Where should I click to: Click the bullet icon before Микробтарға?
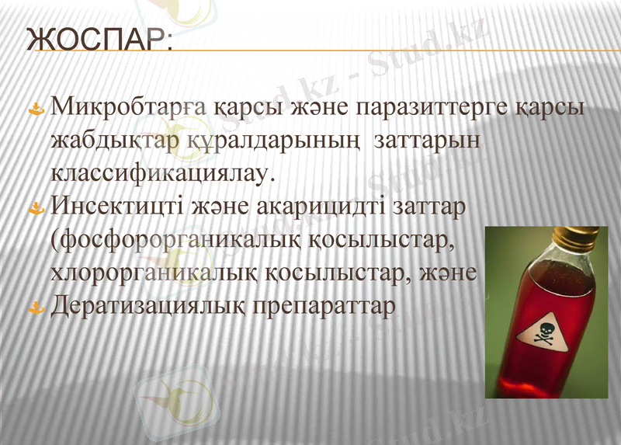[x=34, y=111]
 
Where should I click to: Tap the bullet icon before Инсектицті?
[x=34, y=210]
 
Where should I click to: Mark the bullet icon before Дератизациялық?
[x=34, y=308]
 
